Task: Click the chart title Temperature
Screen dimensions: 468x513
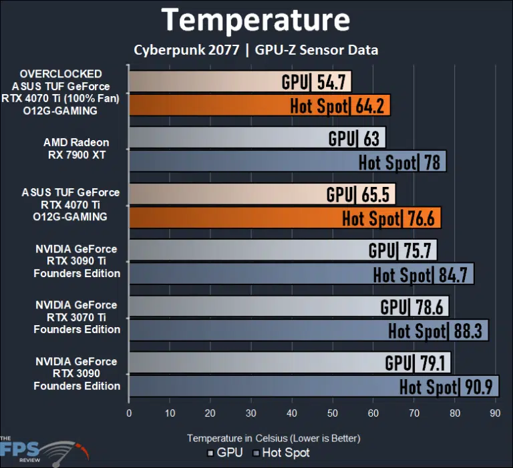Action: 256,20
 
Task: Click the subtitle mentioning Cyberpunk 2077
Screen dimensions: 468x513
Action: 256,50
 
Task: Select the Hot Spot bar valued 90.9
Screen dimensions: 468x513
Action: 313,387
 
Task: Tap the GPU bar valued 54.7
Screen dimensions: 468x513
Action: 240,83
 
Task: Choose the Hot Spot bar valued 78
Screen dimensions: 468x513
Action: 287,162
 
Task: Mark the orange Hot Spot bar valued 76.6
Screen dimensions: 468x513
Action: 285,218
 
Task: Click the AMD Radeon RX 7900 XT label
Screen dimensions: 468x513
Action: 76,148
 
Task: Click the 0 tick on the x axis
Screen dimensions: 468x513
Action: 129,413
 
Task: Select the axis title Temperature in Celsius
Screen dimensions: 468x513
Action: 273,439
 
